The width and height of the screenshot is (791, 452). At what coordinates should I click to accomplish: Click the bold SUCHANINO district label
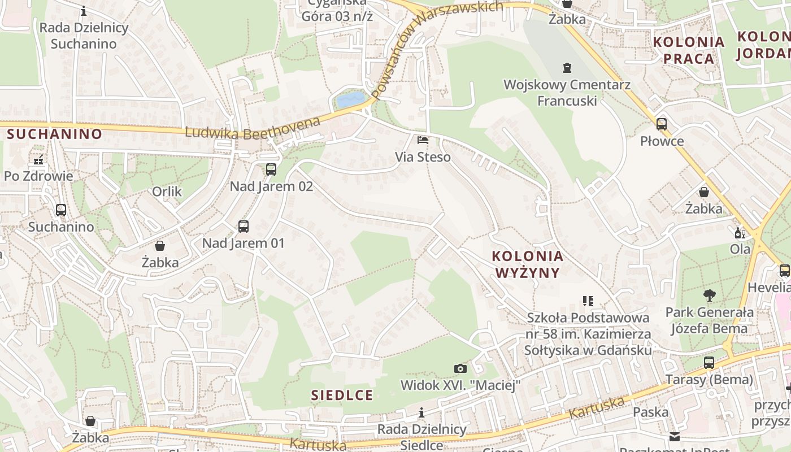[55, 134]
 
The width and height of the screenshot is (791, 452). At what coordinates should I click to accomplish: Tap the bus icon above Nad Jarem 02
[271, 169]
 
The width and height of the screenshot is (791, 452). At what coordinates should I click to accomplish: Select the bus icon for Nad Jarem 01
[244, 227]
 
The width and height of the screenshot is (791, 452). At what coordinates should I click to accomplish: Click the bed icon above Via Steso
[423, 140]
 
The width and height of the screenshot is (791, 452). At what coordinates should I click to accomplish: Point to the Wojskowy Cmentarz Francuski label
[567, 93]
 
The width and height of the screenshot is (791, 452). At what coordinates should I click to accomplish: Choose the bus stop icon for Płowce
[662, 124]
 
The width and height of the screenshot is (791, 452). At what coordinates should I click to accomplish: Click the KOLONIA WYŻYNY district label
[528, 264]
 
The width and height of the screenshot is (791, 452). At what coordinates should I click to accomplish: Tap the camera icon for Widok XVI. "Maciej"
[460, 368]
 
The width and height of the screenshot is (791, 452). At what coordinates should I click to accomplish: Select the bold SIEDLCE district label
[342, 395]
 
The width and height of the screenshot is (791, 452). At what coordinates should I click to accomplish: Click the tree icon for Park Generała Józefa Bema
[709, 295]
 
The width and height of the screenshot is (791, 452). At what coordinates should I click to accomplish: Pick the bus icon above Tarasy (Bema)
[709, 362]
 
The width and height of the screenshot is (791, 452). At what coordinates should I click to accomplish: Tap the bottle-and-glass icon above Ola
[740, 233]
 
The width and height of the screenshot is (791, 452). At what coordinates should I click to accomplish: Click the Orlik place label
[167, 192]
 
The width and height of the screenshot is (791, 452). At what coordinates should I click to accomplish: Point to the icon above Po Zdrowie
[38, 160]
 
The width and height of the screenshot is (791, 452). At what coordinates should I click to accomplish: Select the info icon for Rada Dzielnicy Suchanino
[84, 11]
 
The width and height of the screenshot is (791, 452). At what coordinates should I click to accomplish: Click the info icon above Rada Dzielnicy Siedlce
[421, 412]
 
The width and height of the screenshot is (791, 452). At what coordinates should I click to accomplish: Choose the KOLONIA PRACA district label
[689, 50]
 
